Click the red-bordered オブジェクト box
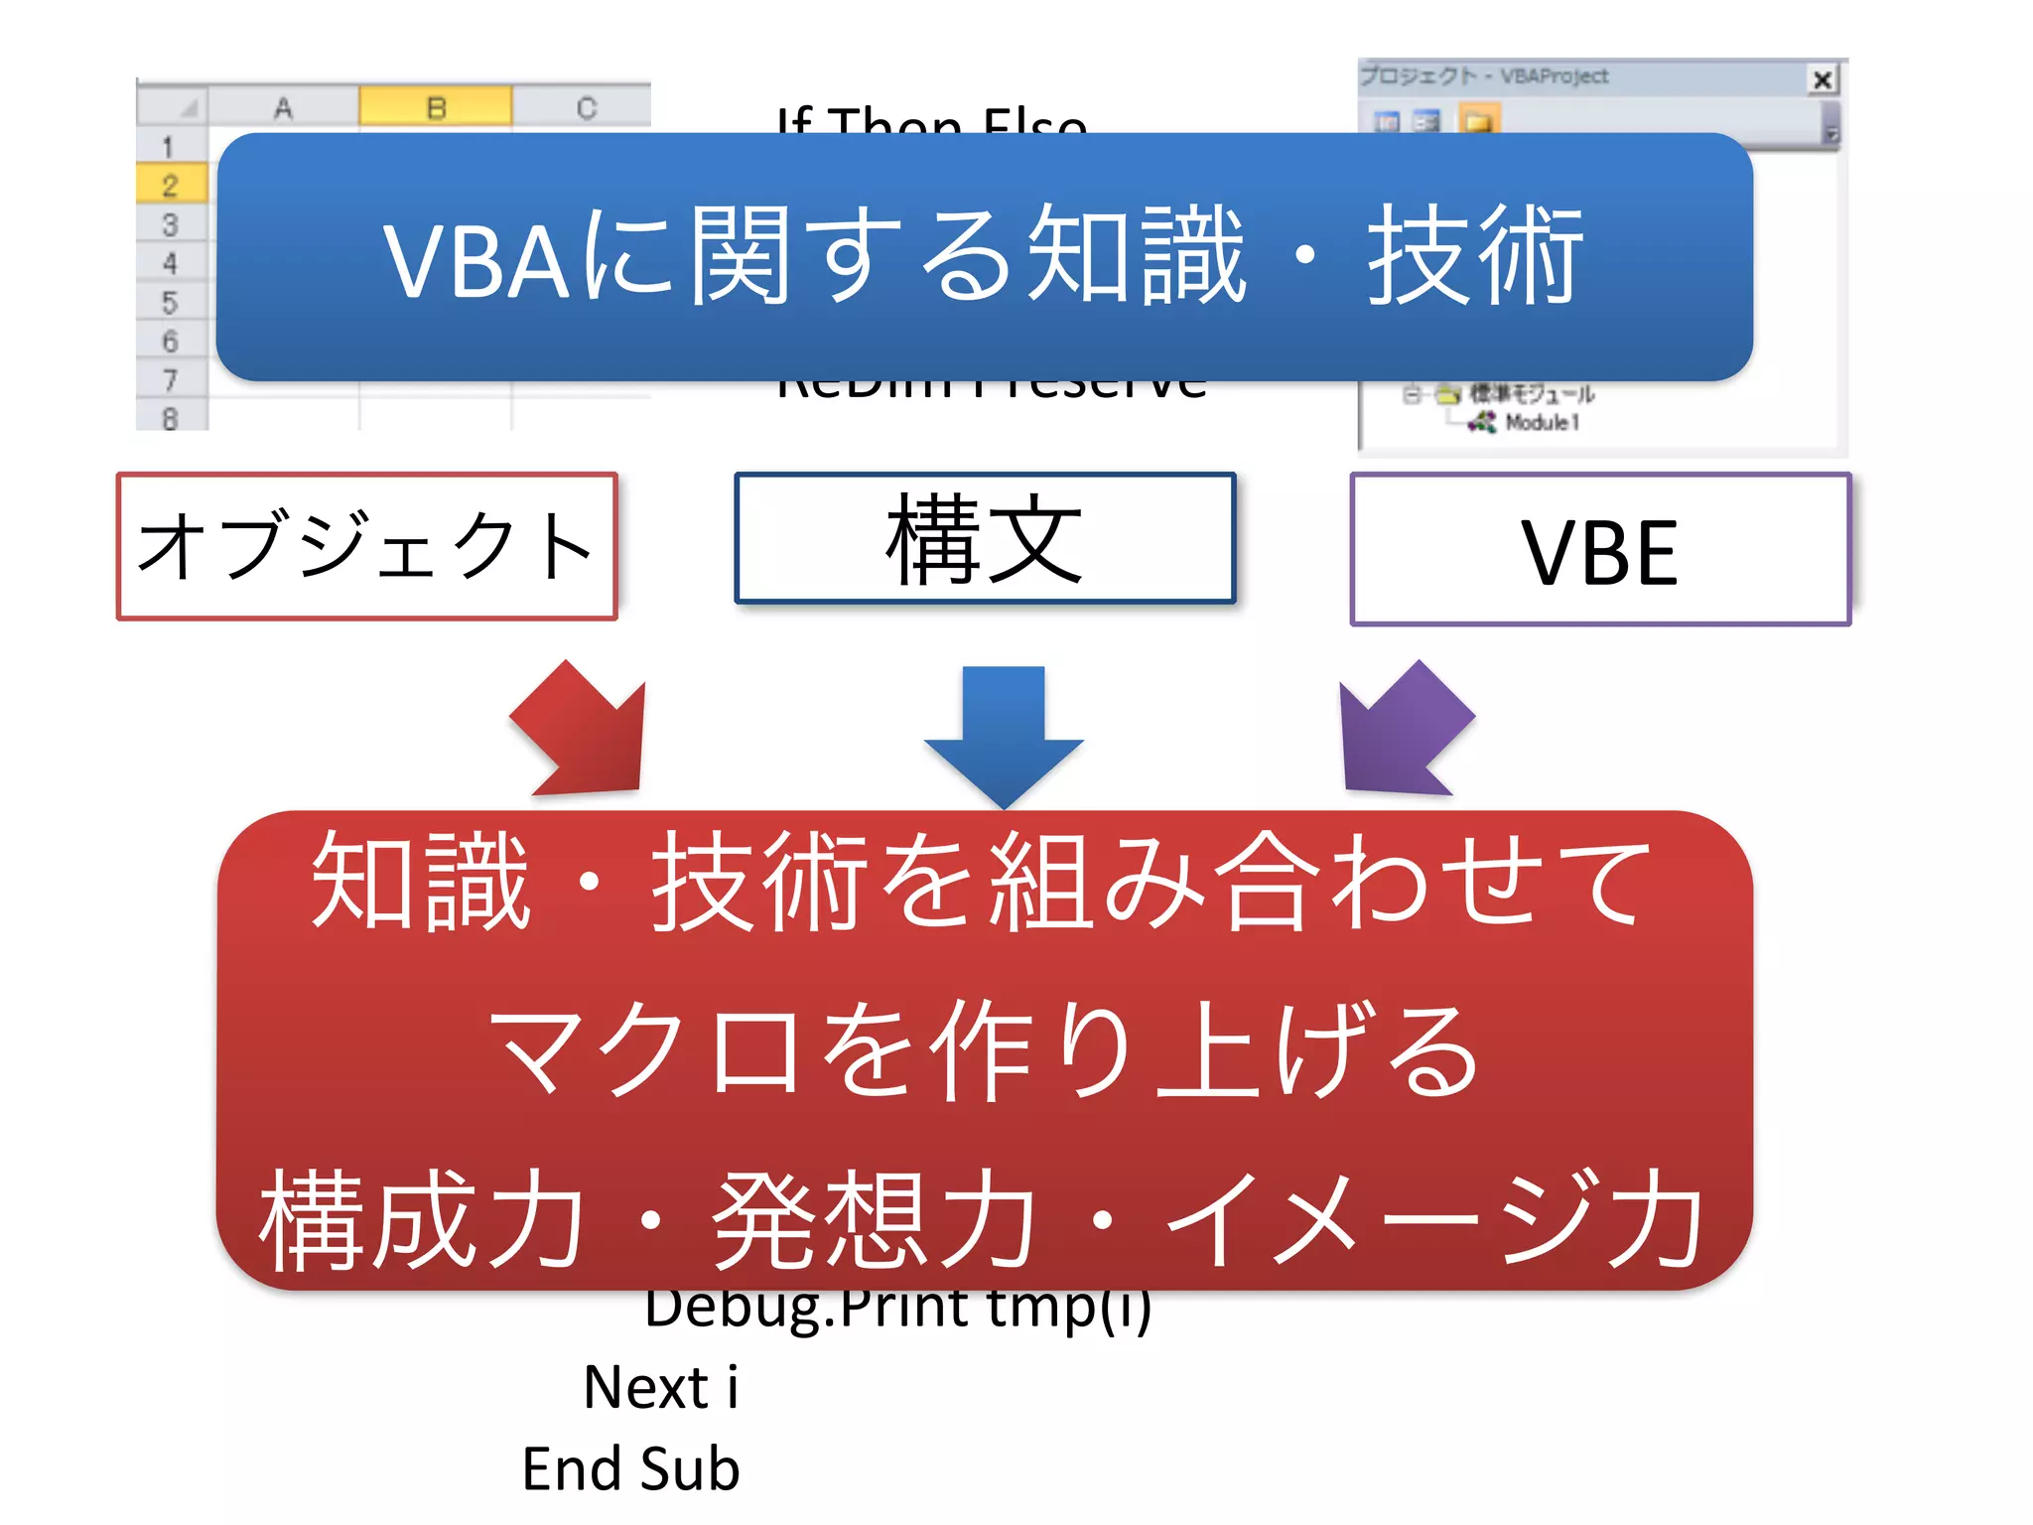point(366,547)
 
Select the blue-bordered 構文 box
point(984,538)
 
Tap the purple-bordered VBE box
point(1600,550)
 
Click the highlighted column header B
point(436,106)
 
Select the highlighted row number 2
point(170,185)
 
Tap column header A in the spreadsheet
point(283,107)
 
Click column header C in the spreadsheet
point(586,107)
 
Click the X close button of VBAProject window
point(1823,79)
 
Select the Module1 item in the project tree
point(1540,423)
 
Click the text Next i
point(660,1387)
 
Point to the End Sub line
point(631,1469)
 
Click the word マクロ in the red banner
point(645,1050)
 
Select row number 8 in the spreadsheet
point(170,418)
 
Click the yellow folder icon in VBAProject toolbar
point(1478,122)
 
